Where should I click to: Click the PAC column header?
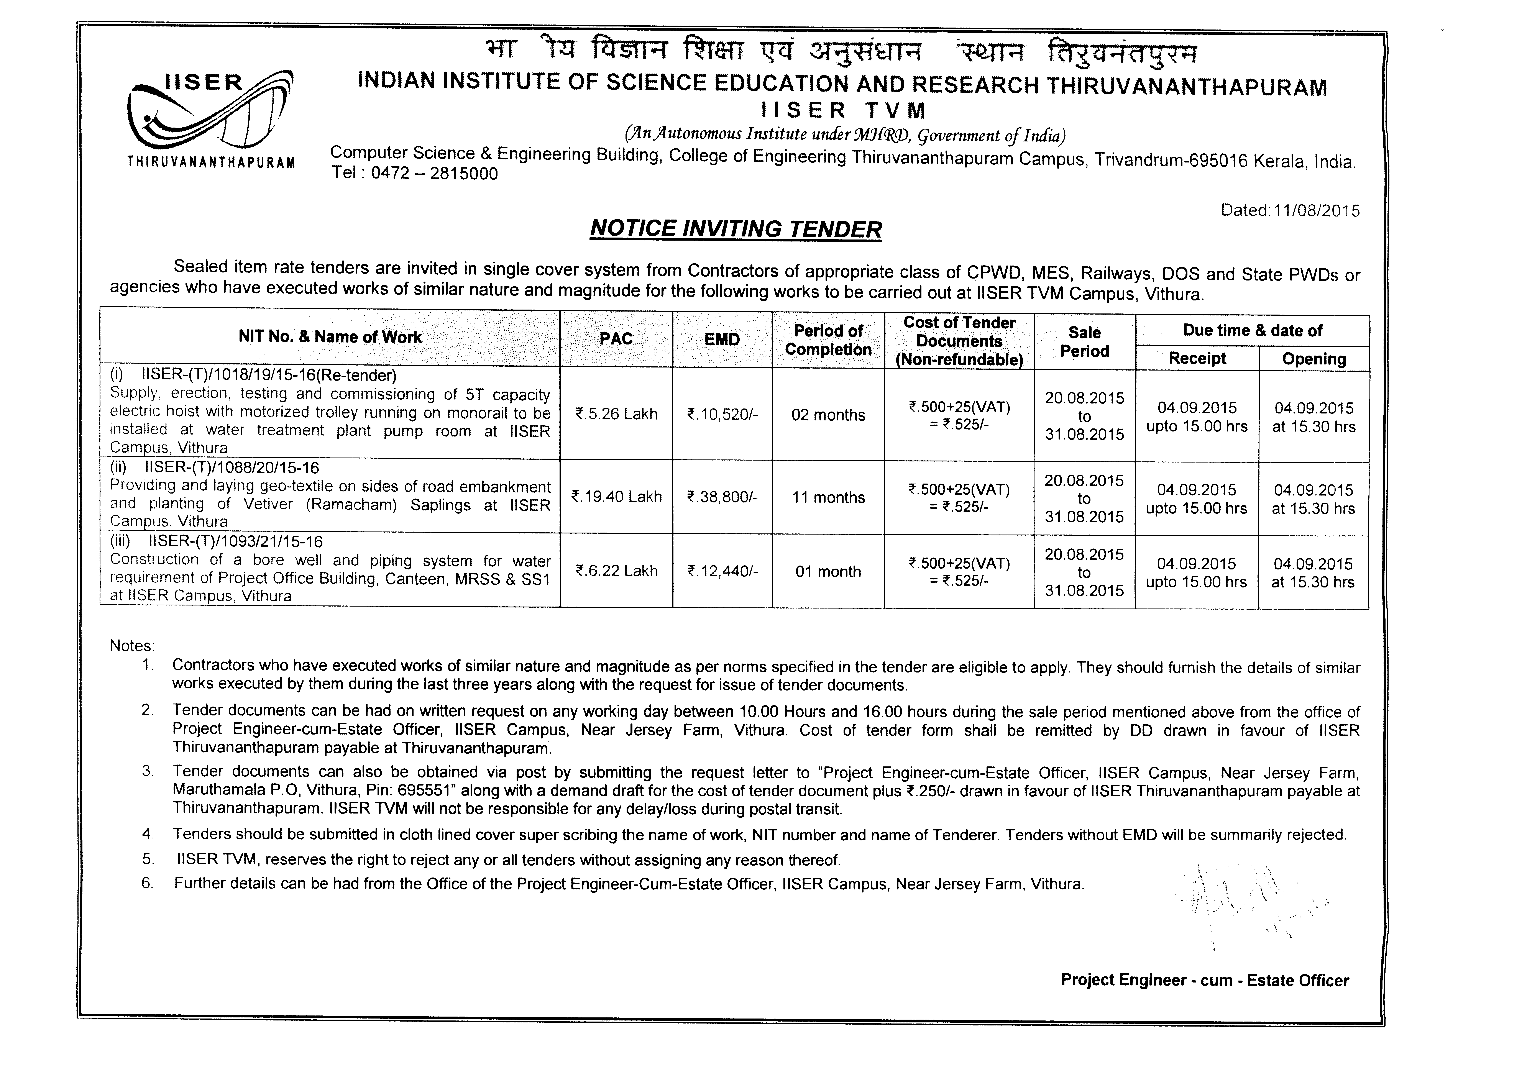click(x=616, y=339)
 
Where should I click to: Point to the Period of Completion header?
click(x=828, y=340)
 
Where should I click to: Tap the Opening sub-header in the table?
click(x=1314, y=359)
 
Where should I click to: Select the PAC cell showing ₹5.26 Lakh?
click(x=616, y=414)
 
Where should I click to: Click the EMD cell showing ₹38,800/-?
click(x=722, y=497)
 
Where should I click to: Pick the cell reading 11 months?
click(x=828, y=497)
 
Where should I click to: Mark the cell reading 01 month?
click(x=828, y=571)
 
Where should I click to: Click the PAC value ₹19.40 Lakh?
click(x=616, y=497)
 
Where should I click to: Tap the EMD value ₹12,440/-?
click(x=722, y=571)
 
